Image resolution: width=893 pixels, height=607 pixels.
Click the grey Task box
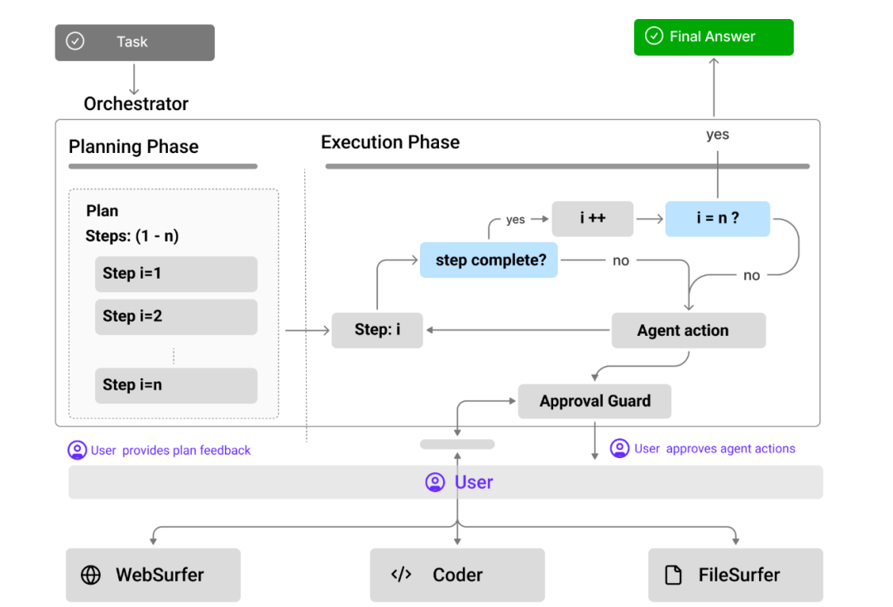(x=135, y=42)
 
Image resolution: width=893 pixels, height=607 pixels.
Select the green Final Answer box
(x=714, y=37)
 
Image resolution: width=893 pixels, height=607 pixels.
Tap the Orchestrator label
(x=136, y=103)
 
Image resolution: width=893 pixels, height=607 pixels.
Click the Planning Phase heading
(x=134, y=147)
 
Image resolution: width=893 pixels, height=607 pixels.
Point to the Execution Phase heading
(x=390, y=142)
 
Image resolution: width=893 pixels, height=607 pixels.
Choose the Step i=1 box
(x=176, y=274)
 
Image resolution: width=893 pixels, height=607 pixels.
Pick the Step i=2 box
(x=176, y=317)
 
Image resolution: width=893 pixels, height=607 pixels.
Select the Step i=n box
(x=176, y=385)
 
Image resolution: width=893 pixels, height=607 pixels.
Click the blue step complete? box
(x=489, y=260)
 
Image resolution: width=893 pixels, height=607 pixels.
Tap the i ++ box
(x=592, y=218)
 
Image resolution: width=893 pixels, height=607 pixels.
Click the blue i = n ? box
(x=718, y=218)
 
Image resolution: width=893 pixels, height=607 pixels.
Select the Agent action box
(x=689, y=330)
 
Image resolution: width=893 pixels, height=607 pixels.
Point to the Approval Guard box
(x=595, y=401)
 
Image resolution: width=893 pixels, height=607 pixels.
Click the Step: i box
(x=377, y=330)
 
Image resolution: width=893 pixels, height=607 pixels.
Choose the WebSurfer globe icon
(x=91, y=575)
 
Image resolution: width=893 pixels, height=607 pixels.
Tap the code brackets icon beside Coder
(x=401, y=574)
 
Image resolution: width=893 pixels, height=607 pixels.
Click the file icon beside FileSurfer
(x=673, y=575)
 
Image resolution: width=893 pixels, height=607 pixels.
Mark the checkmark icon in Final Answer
(x=654, y=36)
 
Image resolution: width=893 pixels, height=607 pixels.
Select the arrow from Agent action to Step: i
(x=518, y=330)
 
